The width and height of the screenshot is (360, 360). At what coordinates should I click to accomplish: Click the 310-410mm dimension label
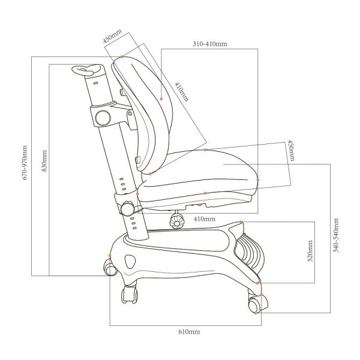click(209, 44)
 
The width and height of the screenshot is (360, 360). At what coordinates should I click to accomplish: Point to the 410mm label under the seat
click(205, 220)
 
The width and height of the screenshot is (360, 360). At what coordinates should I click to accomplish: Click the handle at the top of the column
click(87, 71)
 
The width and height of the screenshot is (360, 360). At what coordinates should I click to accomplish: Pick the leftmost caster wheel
click(111, 268)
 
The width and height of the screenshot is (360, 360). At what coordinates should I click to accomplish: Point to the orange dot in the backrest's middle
click(161, 99)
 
